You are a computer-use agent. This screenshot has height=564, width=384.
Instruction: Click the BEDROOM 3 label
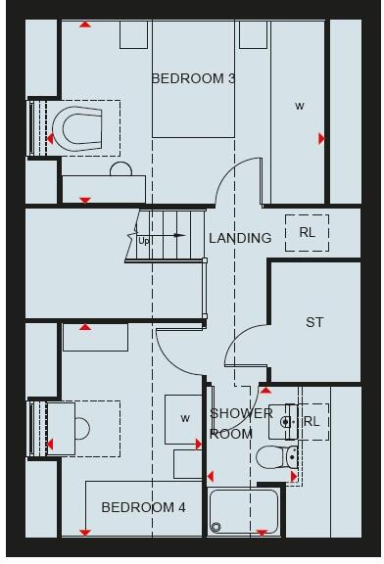(193, 78)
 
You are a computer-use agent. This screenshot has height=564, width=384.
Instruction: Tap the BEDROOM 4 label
(143, 507)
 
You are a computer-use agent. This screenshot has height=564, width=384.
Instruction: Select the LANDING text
(240, 238)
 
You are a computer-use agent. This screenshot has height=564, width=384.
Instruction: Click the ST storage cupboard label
(314, 322)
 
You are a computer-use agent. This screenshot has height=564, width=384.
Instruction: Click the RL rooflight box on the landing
(307, 233)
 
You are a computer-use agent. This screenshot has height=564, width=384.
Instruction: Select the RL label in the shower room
(312, 422)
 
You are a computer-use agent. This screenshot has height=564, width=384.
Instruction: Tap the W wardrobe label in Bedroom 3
(300, 106)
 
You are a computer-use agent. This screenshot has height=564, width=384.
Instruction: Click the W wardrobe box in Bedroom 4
(183, 419)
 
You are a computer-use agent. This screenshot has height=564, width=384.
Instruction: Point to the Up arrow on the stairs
(145, 239)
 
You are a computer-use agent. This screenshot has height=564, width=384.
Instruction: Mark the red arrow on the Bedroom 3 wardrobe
(321, 139)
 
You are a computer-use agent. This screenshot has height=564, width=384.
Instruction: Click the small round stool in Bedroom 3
(120, 169)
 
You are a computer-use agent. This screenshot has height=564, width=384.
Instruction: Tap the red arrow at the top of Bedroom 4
(85, 327)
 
